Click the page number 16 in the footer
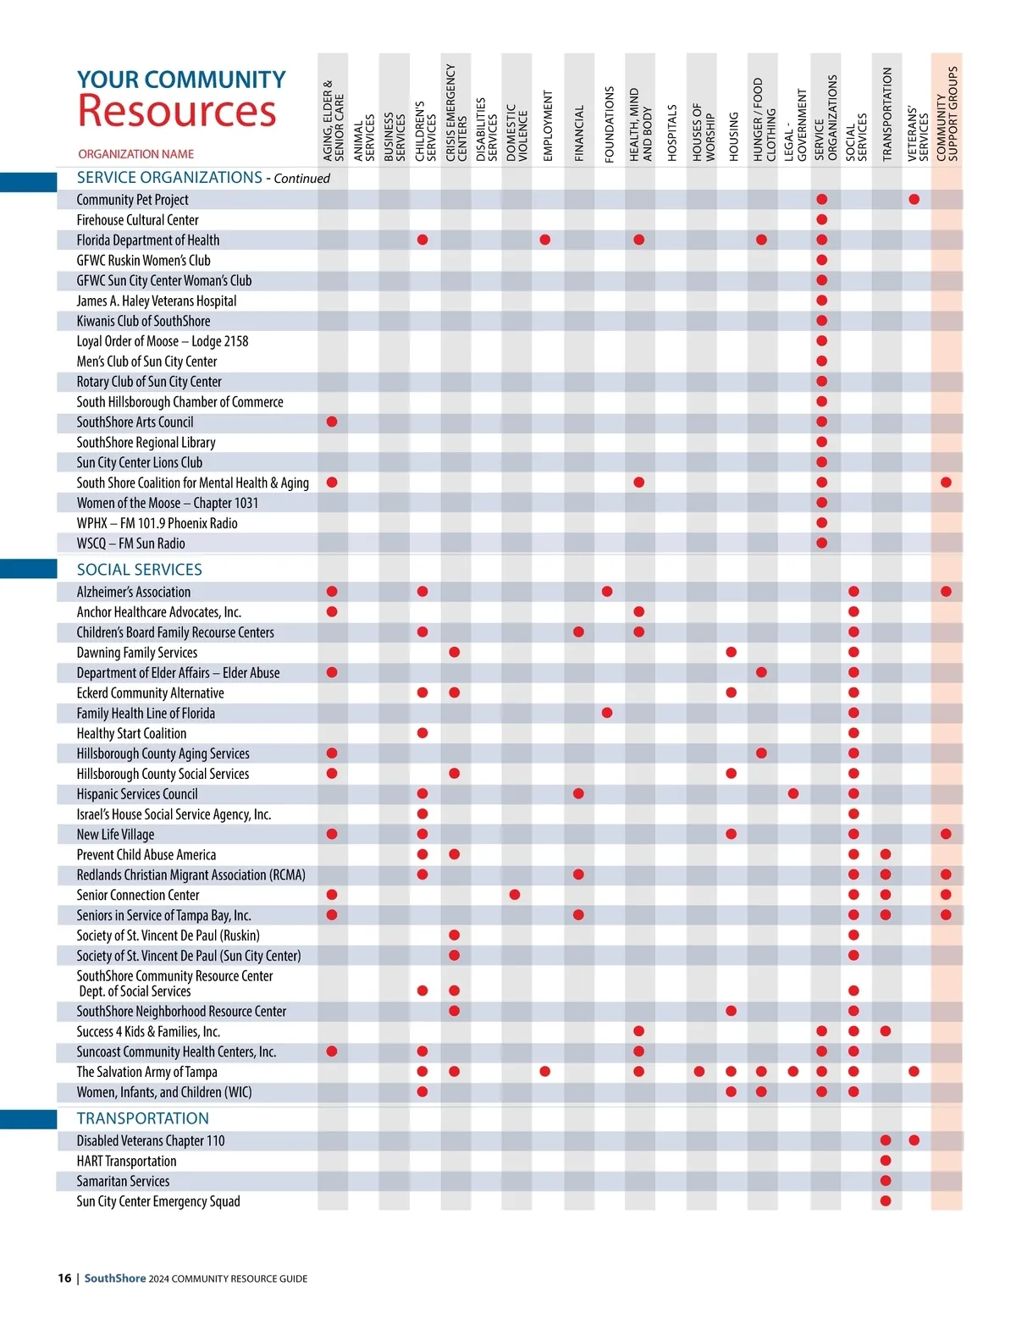click(64, 1278)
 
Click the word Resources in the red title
click(177, 111)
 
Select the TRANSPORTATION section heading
click(142, 1118)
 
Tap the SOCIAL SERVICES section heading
click(140, 570)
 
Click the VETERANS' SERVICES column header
click(918, 134)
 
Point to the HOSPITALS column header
click(672, 133)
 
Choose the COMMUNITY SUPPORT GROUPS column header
click(947, 114)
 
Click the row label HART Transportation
click(126, 1162)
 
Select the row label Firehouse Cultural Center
click(137, 220)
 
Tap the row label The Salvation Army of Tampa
click(146, 1072)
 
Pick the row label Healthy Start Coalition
click(131, 734)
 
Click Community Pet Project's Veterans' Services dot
click(914, 200)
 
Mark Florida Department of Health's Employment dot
click(545, 240)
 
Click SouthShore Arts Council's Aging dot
click(332, 422)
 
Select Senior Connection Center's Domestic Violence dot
click(515, 895)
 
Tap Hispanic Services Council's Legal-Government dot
click(793, 794)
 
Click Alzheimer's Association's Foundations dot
click(607, 592)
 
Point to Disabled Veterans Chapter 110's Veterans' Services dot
click(914, 1140)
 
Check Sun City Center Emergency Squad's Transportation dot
click(886, 1201)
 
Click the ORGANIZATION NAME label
click(135, 154)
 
